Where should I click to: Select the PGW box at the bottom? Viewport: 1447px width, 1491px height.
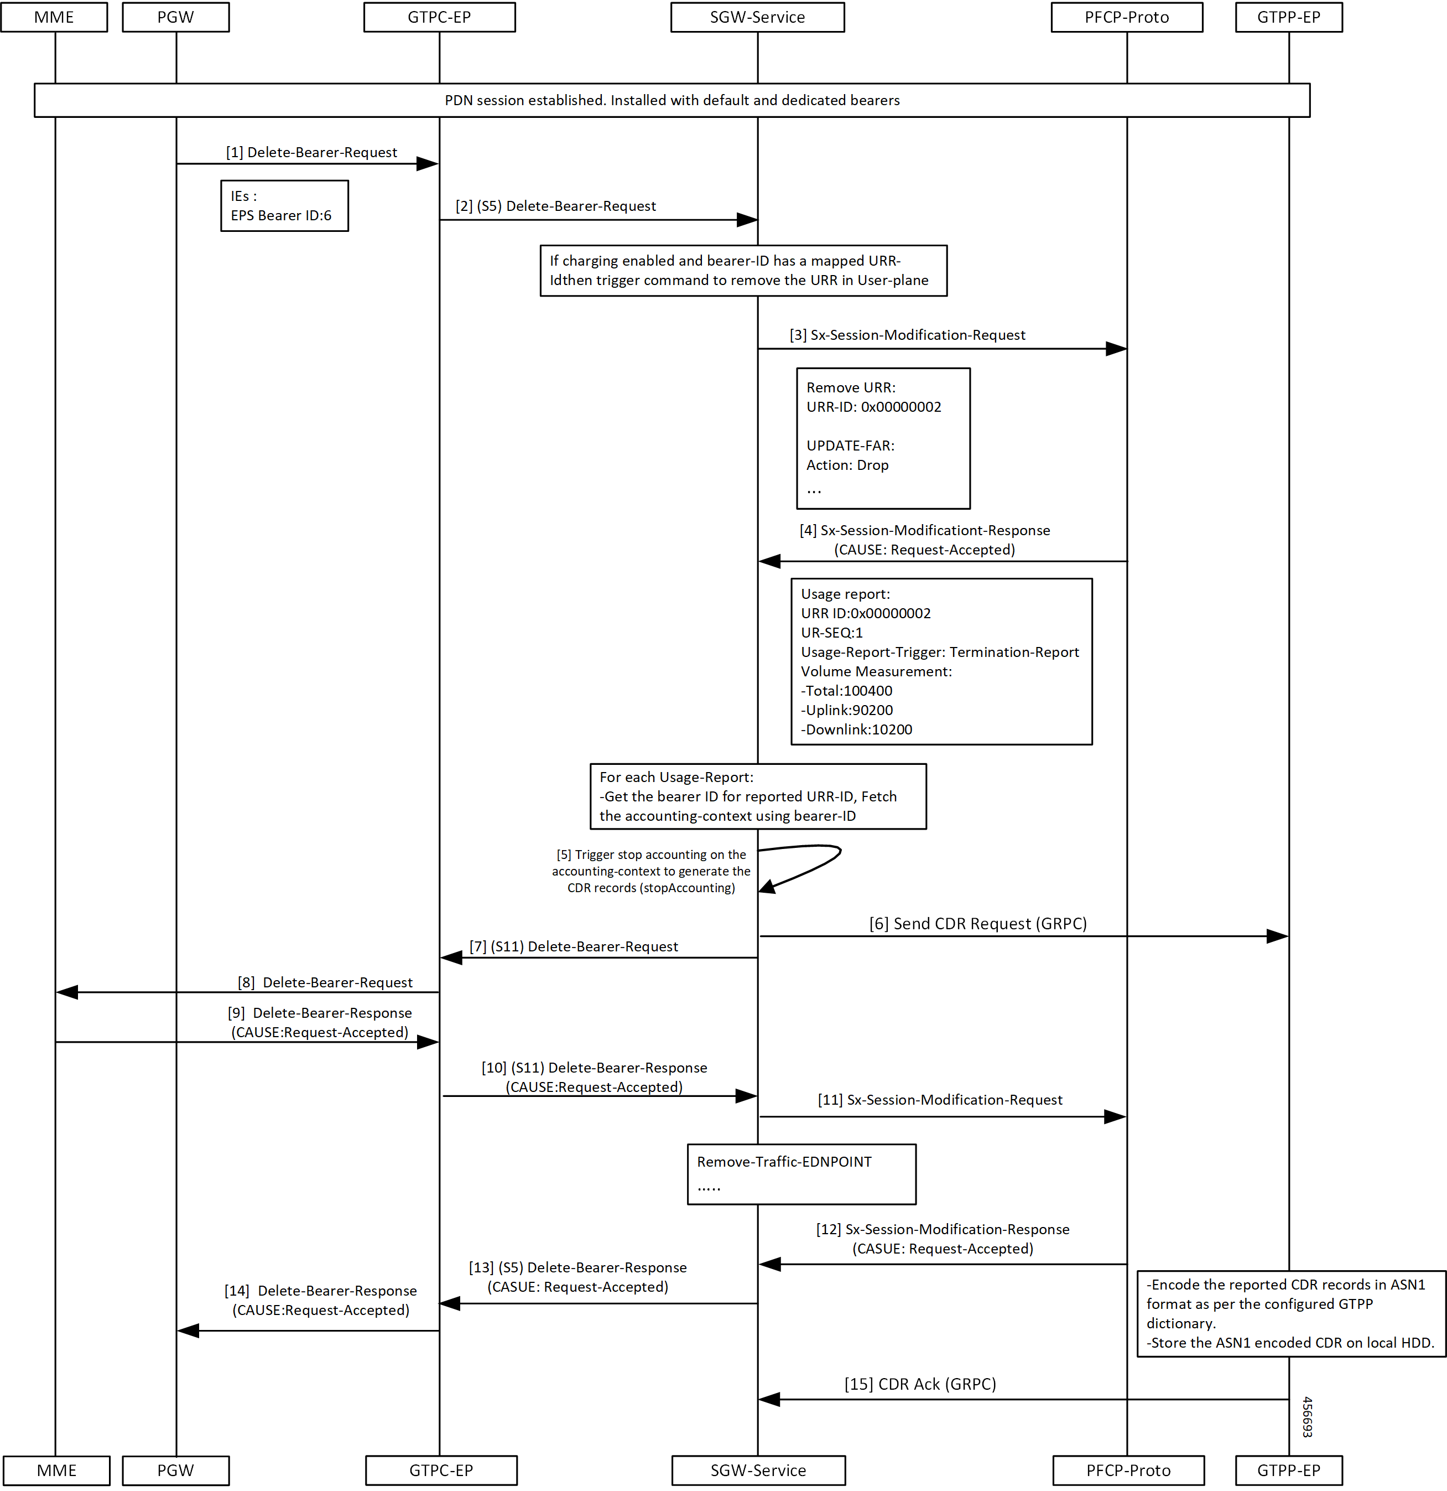[176, 1470]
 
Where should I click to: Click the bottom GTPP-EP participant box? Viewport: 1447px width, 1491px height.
[1289, 1470]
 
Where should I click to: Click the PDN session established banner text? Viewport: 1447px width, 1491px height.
[672, 100]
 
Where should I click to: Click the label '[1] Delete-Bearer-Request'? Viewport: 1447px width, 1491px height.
[312, 152]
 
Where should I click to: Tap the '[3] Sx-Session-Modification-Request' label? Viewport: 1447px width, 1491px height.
[907, 335]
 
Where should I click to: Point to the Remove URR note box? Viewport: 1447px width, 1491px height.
[883, 438]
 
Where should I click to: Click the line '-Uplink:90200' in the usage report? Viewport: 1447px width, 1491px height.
[847, 710]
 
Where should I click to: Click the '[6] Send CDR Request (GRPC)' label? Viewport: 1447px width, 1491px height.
[978, 924]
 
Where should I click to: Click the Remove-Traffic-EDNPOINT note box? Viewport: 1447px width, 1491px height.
[801, 1174]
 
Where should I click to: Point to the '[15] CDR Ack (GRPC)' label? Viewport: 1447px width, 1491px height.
[920, 1384]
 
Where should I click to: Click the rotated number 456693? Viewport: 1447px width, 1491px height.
[1307, 1416]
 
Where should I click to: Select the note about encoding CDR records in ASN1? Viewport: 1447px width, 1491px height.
[1291, 1314]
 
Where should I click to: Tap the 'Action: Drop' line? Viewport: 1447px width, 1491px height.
[847, 465]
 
